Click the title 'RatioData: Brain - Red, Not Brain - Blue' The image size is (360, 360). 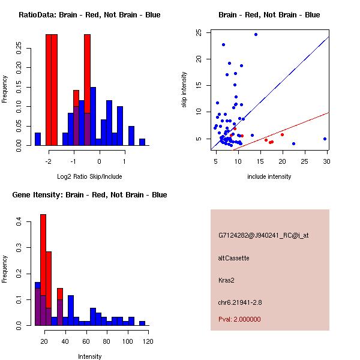(x=89, y=15)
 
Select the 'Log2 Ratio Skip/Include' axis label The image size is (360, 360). (x=89, y=176)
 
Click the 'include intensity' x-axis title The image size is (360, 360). (x=269, y=176)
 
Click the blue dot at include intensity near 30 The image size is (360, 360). (x=325, y=139)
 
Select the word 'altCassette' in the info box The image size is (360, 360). (x=233, y=258)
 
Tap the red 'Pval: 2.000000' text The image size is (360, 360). (x=239, y=319)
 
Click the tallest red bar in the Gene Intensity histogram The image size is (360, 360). (x=43, y=270)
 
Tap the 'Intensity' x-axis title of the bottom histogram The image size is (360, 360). (x=90, y=356)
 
